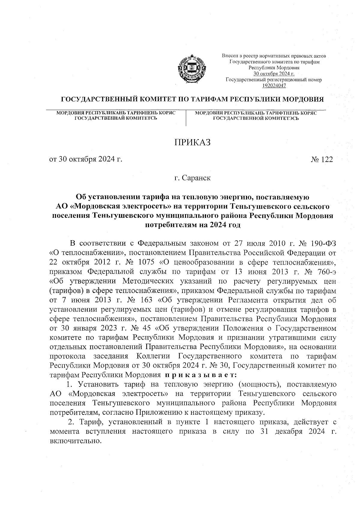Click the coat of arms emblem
189,70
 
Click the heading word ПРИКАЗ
193,142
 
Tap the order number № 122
322,160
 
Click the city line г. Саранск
193,178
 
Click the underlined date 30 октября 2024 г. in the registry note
274,74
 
